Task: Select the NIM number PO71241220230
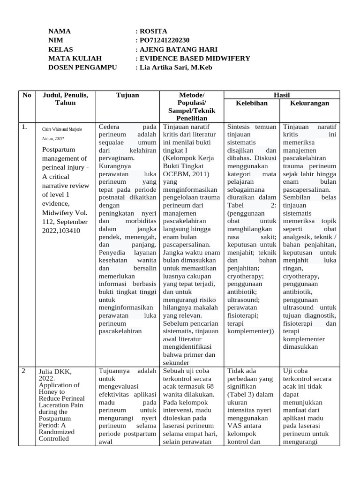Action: [165, 40]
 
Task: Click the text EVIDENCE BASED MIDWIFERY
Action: [195, 59]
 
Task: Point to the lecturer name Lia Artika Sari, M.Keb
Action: [176, 67]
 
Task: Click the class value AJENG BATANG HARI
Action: [179, 50]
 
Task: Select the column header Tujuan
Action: [127, 95]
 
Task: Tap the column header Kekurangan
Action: [309, 103]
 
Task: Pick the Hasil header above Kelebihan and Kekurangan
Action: [281, 95]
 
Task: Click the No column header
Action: [27, 95]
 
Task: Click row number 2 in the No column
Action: [23, 371]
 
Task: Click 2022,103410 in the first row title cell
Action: [61, 230]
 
